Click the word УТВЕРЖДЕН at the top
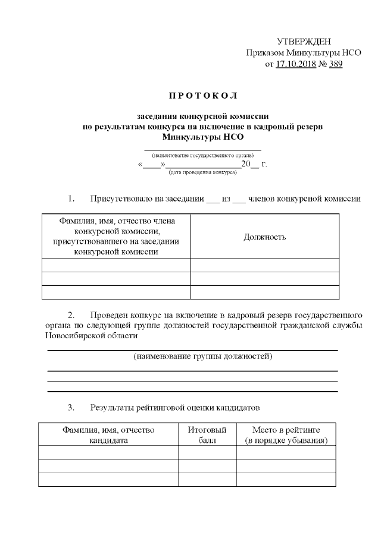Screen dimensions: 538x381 coord(304,41)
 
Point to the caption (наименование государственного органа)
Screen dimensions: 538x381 coord(202,155)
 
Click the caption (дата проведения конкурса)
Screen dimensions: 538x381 coord(202,172)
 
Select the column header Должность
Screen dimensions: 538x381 coord(265,237)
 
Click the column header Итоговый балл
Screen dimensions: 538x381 coord(207,435)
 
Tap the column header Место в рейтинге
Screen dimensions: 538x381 coord(286,435)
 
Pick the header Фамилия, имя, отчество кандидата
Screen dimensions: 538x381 coord(108,435)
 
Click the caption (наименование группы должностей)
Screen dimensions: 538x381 coord(202,357)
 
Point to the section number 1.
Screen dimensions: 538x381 coord(71,198)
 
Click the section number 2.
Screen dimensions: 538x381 coord(71,314)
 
